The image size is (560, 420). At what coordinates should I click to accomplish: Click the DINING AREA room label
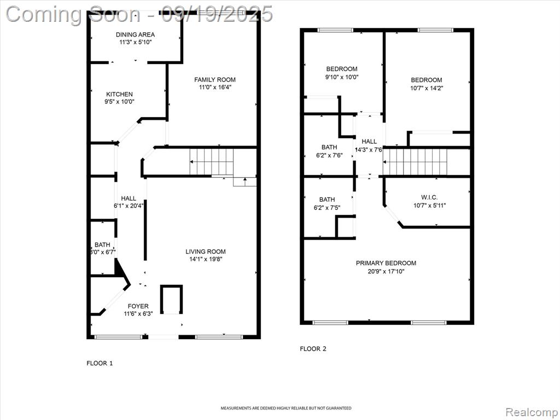[136, 34]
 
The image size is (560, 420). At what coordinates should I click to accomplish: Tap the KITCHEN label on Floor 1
[119, 94]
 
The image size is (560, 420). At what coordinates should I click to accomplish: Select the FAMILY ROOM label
[215, 80]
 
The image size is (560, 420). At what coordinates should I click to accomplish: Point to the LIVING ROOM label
[206, 252]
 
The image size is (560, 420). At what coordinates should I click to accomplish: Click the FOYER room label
[138, 306]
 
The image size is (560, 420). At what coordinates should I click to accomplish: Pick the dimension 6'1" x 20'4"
[129, 206]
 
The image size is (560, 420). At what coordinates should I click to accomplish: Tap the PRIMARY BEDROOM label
[386, 263]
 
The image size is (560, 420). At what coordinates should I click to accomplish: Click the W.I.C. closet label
[429, 197]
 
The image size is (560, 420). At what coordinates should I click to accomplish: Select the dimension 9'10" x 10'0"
[342, 77]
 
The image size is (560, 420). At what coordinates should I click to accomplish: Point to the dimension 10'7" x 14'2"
[427, 88]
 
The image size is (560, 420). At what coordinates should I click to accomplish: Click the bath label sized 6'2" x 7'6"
[329, 147]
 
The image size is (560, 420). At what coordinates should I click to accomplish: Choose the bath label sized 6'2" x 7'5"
[327, 200]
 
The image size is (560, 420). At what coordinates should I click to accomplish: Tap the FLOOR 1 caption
[100, 363]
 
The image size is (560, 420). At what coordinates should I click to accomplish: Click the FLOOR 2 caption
[313, 349]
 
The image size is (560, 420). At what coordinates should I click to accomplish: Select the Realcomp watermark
[532, 412]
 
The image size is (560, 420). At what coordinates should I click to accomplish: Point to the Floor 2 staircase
[415, 162]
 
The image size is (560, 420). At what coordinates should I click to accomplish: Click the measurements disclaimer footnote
[285, 408]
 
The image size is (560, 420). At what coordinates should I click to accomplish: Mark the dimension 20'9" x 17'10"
[386, 271]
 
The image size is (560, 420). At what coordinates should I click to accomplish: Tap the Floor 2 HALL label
[369, 142]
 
